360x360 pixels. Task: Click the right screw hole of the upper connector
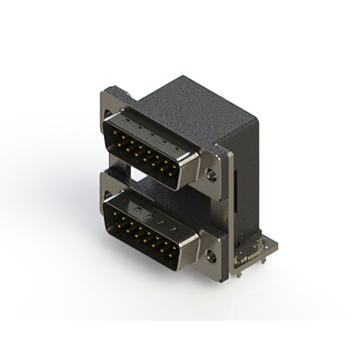(x=211, y=175)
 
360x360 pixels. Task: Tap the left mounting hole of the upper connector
(x=108, y=114)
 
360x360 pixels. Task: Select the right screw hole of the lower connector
(x=211, y=256)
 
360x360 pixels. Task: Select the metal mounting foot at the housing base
(x=256, y=251)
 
